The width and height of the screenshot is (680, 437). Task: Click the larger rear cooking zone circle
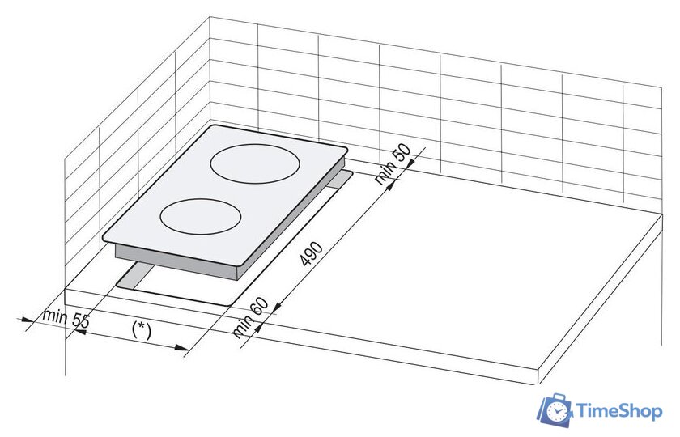tap(255, 145)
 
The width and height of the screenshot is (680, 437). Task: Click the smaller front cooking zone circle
tap(201, 200)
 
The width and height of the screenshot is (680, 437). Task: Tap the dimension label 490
tap(311, 253)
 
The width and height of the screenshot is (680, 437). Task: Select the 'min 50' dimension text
tap(392, 164)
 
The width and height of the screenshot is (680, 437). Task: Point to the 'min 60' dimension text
tap(251, 317)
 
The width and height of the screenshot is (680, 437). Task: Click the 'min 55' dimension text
tap(66, 319)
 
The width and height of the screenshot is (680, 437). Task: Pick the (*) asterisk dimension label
tap(142, 330)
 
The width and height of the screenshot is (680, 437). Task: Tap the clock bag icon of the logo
tap(555, 410)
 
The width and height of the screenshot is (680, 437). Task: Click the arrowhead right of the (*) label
tap(183, 347)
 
